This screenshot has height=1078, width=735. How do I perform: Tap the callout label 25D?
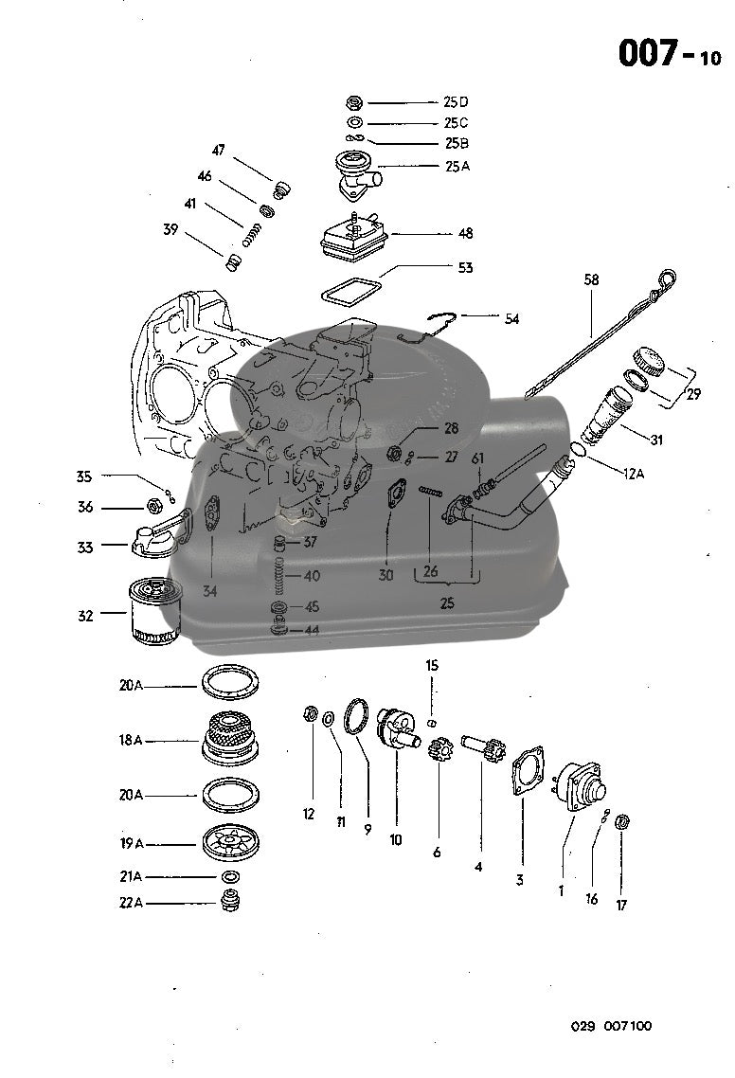coord(456,101)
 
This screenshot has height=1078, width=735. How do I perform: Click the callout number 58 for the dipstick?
coord(591,280)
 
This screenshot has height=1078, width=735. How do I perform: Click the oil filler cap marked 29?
coord(649,360)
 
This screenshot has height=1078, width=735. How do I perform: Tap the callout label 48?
coord(465,233)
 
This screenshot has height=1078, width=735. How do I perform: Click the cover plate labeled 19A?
coord(230,842)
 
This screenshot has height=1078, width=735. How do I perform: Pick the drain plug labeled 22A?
coord(230,902)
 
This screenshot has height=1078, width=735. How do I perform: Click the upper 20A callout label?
coord(132,685)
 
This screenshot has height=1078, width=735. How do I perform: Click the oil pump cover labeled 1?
coord(579,782)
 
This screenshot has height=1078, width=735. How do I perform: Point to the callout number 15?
coord(432,666)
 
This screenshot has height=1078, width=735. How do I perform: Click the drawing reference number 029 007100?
coord(611,1026)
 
